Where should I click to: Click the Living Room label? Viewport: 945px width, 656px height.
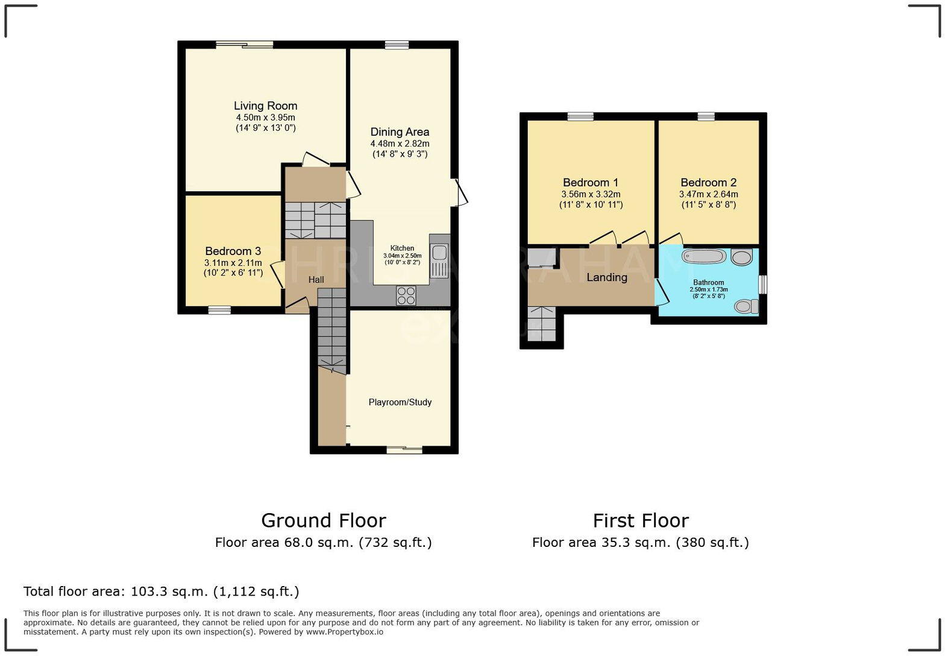[x=265, y=106]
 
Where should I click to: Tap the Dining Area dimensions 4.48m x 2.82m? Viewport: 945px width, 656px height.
[x=400, y=143]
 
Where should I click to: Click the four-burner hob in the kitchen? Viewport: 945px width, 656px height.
[x=406, y=295]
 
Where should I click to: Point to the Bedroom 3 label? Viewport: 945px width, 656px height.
[x=233, y=251]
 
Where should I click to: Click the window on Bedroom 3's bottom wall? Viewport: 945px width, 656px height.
[x=219, y=311]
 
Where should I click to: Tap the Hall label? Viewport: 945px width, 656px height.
[x=316, y=280]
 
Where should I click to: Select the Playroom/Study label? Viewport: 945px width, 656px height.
[x=400, y=402]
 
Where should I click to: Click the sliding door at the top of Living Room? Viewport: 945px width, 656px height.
[x=245, y=44]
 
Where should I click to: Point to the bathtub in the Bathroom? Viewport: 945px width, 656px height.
[x=703, y=257]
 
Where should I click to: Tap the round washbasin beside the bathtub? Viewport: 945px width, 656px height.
[x=741, y=258]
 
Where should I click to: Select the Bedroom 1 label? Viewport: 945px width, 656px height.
[x=590, y=183]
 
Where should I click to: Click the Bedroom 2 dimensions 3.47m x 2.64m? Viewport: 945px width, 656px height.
[x=708, y=194]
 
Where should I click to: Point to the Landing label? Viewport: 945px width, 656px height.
[x=606, y=277]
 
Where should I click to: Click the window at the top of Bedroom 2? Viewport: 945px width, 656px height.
[x=706, y=116]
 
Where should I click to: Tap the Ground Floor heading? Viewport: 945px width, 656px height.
[x=323, y=520]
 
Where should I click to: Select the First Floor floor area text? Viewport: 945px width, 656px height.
[x=640, y=543]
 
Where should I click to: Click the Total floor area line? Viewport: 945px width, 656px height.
[x=161, y=591]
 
